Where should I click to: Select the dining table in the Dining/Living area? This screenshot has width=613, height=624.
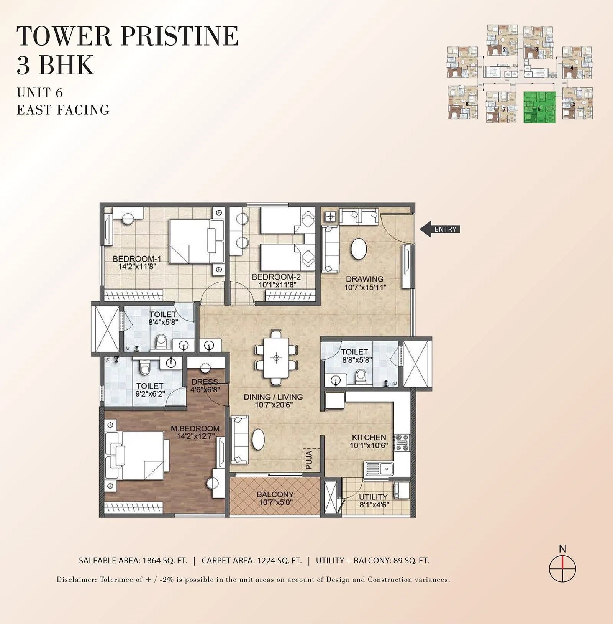click(x=276, y=358)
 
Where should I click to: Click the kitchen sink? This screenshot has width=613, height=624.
click(x=379, y=468)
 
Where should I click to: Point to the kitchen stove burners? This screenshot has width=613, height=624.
click(x=402, y=442)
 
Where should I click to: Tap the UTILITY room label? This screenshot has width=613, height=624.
click(x=373, y=497)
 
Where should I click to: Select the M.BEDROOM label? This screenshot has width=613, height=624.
click(x=195, y=428)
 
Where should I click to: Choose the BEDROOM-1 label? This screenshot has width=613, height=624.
click(x=137, y=259)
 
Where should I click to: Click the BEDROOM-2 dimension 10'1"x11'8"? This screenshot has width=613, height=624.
click(x=277, y=285)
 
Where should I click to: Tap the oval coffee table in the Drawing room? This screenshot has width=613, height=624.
click(x=359, y=249)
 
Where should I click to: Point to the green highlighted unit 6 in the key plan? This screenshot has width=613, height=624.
click(x=539, y=107)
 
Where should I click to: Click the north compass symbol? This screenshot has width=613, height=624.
click(x=562, y=568)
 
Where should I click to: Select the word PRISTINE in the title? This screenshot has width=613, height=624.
click(x=179, y=36)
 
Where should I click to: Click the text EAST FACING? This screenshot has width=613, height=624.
click(x=63, y=110)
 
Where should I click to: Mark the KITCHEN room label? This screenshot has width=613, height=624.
click(x=369, y=437)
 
